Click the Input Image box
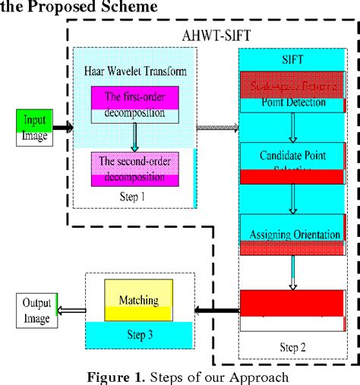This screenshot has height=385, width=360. point(35,128)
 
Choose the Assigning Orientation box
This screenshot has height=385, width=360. point(292,235)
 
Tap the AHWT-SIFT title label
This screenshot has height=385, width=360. point(217,35)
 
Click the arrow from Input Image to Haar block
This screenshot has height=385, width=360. point(63,128)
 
